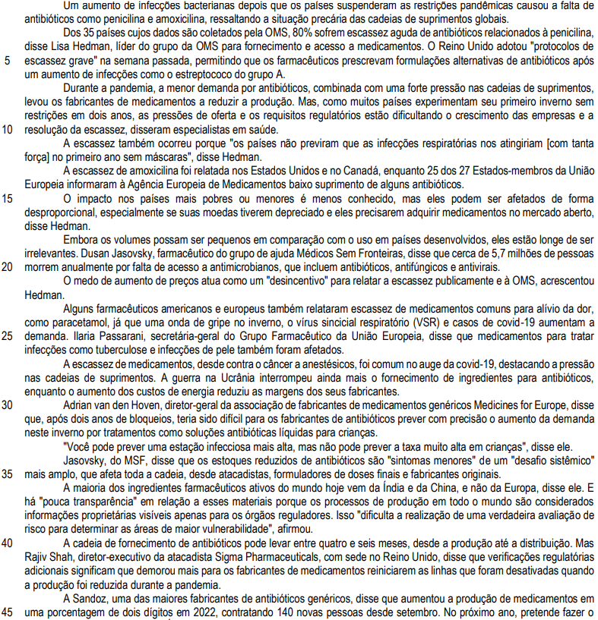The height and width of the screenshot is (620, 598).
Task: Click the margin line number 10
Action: pyautogui.click(x=8, y=129)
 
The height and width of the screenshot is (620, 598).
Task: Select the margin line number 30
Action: pyautogui.click(x=8, y=404)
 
